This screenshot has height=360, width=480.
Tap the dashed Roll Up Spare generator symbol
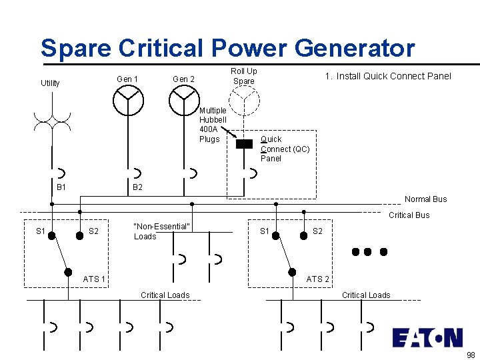244,101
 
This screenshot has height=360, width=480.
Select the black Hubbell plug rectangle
245,143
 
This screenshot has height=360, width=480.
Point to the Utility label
50,83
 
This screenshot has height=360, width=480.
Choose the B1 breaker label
61,187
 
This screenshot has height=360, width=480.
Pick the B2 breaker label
137,187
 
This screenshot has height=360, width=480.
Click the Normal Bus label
426,199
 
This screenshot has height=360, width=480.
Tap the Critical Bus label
409,215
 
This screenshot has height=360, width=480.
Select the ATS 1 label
94,279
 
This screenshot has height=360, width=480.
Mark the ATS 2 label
318,279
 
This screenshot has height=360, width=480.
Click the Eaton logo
427,337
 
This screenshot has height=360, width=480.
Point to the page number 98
471,355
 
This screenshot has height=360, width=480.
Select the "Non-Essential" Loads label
162,231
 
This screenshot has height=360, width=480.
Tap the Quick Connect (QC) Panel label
285,149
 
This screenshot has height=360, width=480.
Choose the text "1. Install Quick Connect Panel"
388,76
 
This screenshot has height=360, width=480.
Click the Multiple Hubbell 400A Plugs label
213,125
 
